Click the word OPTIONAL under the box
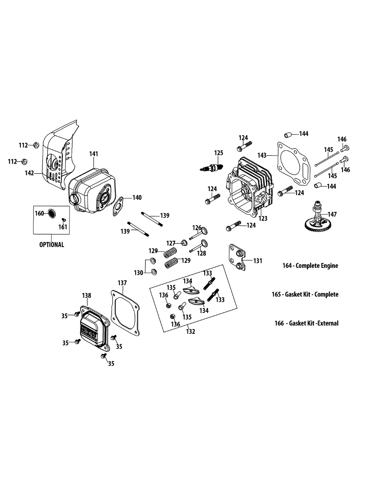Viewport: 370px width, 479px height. (x=51, y=245)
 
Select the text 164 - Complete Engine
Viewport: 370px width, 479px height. (x=310, y=265)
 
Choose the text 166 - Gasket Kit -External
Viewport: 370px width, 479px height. (x=306, y=323)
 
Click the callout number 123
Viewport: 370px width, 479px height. (x=263, y=218)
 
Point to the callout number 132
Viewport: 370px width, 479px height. (x=191, y=331)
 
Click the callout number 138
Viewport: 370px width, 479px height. (x=87, y=295)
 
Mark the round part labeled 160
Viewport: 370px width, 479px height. (x=52, y=213)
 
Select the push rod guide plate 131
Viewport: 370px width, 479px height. (x=238, y=259)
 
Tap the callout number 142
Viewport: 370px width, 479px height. (x=29, y=173)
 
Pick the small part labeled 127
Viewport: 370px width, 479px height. (x=184, y=243)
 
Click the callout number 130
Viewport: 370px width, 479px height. (x=138, y=273)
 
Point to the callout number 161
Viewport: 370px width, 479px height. (x=63, y=227)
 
